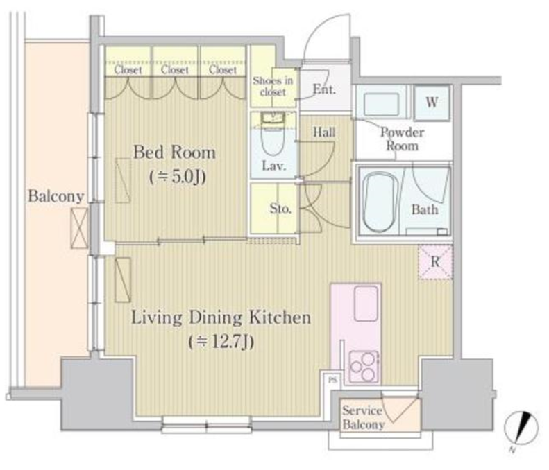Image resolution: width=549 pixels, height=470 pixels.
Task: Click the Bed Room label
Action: [x=174, y=153]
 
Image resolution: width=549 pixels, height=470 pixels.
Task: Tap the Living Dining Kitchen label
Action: [x=221, y=317]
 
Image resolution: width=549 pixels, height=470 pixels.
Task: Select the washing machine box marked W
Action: [x=432, y=103]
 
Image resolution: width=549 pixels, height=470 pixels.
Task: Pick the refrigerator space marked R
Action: [x=435, y=262]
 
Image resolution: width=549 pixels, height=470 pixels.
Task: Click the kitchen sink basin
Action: [x=366, y=303]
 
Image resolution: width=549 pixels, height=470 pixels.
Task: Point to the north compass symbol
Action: [x=521, y=428]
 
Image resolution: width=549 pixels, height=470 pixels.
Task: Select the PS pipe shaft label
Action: [x=332, y=379]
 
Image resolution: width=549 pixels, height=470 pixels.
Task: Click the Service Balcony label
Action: [x=362, y=417]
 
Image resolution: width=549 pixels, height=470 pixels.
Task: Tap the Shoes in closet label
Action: [x=273, y=86]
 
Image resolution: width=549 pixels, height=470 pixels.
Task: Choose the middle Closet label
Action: [x=175, y=70]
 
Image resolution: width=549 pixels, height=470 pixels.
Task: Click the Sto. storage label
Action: [x=280, y=209]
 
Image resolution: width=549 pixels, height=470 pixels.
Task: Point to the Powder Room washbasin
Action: [x=381, y=104]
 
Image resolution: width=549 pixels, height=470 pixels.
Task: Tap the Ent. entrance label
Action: [x=324, y=89]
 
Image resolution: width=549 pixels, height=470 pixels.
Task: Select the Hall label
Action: [x=324, y=132]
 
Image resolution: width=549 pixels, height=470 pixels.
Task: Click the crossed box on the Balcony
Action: [x=79, y=228]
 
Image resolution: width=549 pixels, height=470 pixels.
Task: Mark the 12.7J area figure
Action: [x=221, y=342]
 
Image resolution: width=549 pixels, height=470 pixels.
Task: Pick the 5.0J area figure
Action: [x=178, y=177]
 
